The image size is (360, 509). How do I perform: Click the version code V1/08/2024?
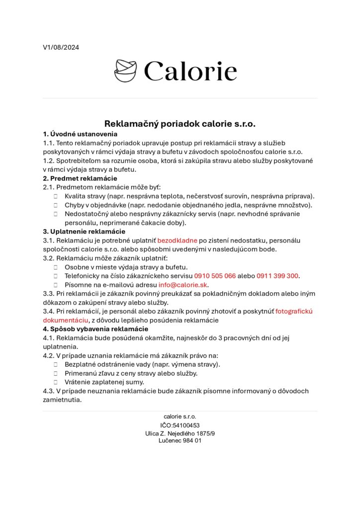61,48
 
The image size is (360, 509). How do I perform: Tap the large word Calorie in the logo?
190,71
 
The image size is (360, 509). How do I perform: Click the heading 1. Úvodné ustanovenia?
80,134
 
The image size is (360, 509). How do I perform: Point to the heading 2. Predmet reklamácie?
80,178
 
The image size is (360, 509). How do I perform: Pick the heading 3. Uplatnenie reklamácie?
84,232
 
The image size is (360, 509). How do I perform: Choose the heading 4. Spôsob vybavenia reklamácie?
95,329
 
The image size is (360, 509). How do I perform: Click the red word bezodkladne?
177,241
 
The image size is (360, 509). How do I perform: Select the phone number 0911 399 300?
277,276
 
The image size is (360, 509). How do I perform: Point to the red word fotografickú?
294,312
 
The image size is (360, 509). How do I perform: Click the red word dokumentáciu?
65,321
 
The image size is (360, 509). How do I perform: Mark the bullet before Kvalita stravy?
56,197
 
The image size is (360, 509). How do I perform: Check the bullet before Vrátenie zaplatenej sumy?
56,382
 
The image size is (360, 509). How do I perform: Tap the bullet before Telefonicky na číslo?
56,276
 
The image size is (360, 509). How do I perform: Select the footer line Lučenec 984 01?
180,440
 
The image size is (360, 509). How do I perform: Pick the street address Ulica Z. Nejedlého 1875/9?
180,433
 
